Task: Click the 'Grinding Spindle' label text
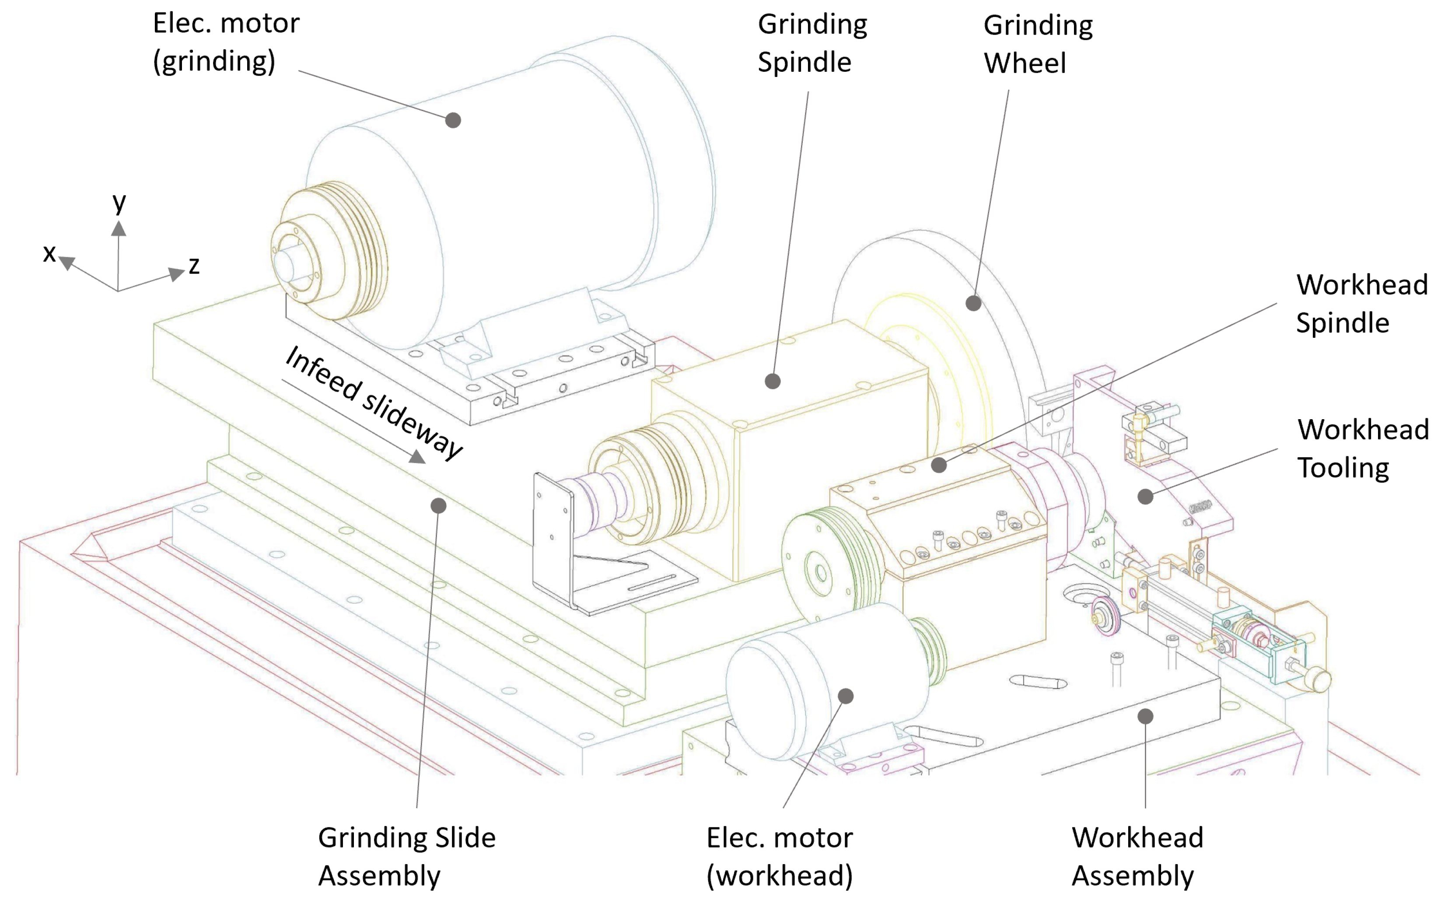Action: (812, 43)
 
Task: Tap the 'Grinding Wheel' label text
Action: (1037, 44)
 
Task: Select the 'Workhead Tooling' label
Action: (1362, 448)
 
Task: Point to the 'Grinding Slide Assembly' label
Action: (406, 856)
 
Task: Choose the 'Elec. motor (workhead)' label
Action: (779, 856)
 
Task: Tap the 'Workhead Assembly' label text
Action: (1137, 856)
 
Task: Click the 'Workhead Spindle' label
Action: (1361, 304)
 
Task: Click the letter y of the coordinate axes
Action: (119, 202)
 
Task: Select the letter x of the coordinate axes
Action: (49, 253)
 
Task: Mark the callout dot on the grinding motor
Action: (453, 120)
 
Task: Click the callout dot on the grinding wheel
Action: (973, 303)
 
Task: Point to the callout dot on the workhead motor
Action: (846, 696)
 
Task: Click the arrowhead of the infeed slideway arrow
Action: (419, 456)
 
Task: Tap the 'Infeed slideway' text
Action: (373, 402)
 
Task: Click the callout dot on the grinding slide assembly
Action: (438, 505)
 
